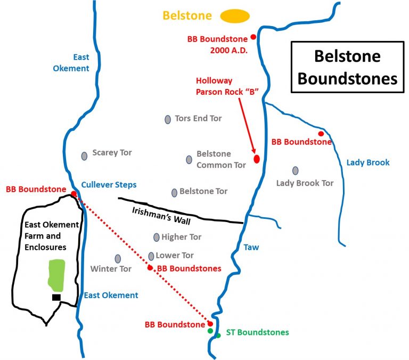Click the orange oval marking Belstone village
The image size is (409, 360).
click(235, 17)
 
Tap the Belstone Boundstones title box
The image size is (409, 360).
click(347, 68)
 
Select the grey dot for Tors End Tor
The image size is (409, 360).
click(168, 119)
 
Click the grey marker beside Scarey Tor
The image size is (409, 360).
click(84, 156)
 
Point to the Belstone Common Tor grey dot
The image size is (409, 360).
click(189, 160)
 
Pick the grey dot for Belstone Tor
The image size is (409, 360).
click(174, 192)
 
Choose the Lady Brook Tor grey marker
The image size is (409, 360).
click(295, 170)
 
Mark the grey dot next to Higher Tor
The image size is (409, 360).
click(156, 237)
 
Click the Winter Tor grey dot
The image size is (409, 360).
click(118, 258)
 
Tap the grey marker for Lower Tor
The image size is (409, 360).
click(151, 256)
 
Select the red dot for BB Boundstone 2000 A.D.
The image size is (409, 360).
click(253, 37)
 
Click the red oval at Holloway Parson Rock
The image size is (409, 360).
click(257, 158)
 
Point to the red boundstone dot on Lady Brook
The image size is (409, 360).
click(321, 134)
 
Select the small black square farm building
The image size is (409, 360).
click(56, 297)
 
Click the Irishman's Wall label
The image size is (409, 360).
click(154, 211)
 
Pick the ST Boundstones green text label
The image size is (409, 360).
click(257, 332)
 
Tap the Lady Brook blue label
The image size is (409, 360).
click(368, 162)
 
